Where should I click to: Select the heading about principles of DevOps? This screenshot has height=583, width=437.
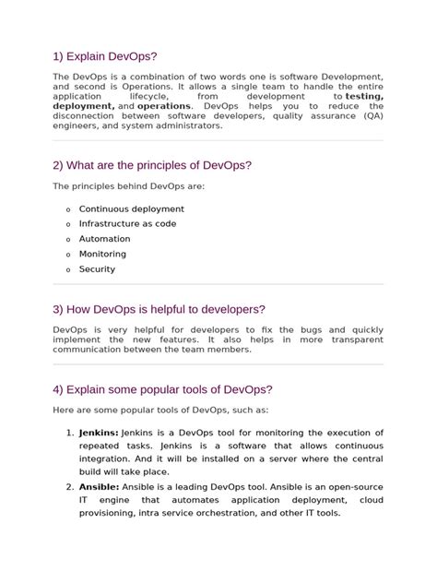(x=152, y=165)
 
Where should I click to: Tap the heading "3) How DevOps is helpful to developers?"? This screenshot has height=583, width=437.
(x=159, y=309)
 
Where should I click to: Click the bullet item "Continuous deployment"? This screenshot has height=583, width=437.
(x=132, y=209)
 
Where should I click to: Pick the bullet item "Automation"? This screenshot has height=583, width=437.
(x=105, y=239)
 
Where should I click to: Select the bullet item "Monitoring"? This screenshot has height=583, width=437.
(x=104, y=254)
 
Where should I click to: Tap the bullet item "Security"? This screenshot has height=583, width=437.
(x=98, y=269)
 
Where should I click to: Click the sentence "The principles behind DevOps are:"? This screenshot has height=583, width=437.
(x=129, y=187)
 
